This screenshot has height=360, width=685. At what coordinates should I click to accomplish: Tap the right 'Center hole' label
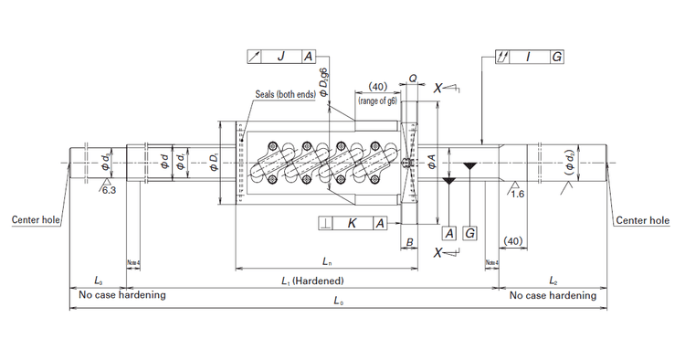coord(642,220)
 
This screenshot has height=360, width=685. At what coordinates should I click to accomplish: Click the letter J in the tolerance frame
coord(280,56)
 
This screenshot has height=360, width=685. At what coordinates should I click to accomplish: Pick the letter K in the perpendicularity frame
coord(352,223)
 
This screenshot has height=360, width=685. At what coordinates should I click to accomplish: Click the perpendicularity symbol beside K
coord(325,223)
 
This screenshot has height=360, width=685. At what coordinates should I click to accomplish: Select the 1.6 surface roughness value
coord(517,194)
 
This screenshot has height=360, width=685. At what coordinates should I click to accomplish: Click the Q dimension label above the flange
coord(413,79)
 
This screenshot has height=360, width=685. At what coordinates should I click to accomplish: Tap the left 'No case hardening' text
coord(122,295)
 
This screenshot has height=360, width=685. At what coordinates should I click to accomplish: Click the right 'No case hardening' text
coord(553,295)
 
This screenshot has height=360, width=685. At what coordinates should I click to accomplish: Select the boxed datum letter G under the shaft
coord(469,233)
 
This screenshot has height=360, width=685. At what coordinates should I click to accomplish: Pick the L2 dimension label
coord(553,281)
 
